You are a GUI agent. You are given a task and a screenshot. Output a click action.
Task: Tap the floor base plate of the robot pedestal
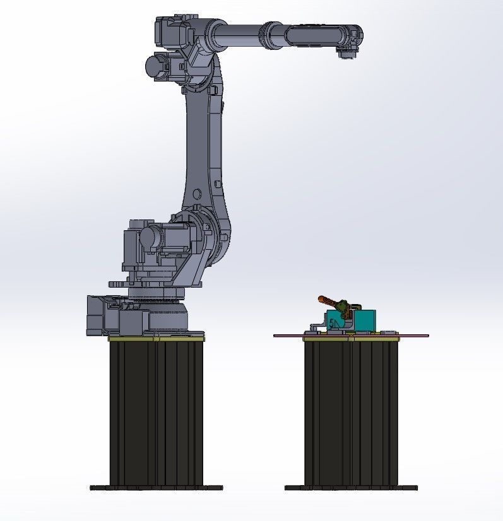[156, 488]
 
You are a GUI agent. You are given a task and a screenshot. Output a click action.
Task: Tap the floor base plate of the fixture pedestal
[351, 488]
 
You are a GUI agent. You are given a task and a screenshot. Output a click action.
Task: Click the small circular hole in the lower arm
[197, 194]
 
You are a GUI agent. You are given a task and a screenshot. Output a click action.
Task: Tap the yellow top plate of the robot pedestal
[156, 339]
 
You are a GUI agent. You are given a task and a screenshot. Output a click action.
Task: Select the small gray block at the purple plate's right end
[389, 332]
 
